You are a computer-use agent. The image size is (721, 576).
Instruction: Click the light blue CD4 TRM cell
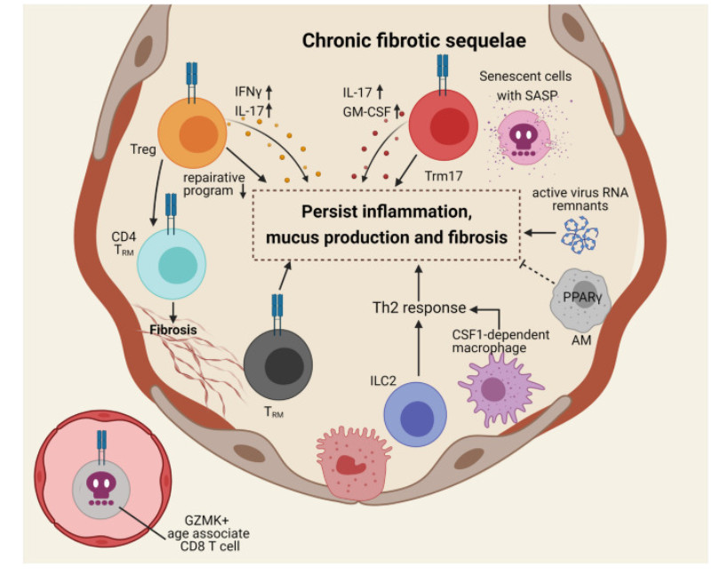tap(173, 264)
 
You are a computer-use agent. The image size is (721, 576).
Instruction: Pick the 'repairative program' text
tap(211, 183)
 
